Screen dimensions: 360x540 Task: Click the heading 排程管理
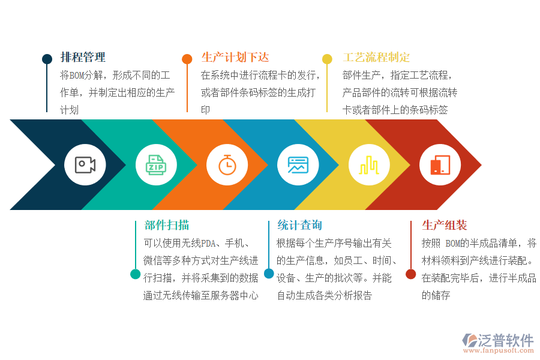coord(83,58)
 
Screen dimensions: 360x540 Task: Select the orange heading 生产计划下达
coord(235,58)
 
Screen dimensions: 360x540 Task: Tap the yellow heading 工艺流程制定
coord(376,58)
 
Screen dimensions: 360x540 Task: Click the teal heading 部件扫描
coord(167,225)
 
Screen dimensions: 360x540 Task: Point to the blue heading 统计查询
coord(299,225)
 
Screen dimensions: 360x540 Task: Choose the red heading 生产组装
coord(445,225)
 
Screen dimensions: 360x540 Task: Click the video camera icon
coord(85,164)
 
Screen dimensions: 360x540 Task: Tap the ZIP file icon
coord(156,164)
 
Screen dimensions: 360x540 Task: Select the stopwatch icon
coord(227,164)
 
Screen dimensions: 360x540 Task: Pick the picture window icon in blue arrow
coord(298,164)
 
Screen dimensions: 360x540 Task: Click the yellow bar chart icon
coord(368,164)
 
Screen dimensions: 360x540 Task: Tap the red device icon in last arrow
coord(440,164)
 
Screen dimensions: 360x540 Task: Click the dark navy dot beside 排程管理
coord(47,59)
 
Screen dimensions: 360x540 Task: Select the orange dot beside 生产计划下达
coord(187,59)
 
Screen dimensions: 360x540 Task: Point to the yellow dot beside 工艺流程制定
coord(327,59)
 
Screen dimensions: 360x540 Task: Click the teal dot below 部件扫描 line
coord(136,274)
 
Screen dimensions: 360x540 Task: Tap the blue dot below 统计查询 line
coord(269,274)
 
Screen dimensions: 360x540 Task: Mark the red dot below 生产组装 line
coord(410,274)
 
